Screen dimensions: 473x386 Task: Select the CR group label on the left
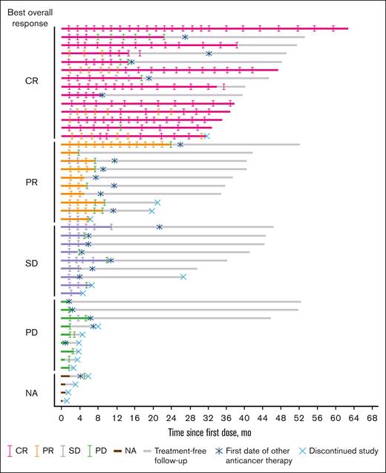pyautogui.click(x=32, y=81)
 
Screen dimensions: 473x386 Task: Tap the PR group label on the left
pyautogui.click(x=32, y=181)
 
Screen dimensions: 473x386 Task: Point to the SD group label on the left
pyautogui.click(x=32, y=262)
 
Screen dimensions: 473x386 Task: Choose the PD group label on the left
pyautogui.click(x=32, y=333)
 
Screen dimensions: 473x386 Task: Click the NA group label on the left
pyautogui.click(x=32, y=388)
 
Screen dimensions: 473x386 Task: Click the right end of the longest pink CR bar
pyautogui.click(x=347, y=29)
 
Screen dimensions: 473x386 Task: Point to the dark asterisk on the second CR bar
pyautogui.click(x=185, y=37)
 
